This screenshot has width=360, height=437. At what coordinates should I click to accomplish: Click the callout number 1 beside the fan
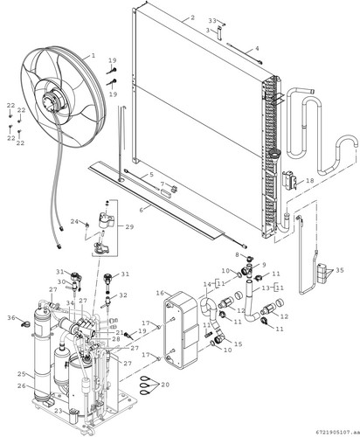tap(93, 55)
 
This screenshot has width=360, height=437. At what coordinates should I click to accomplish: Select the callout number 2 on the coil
tap(192, 17)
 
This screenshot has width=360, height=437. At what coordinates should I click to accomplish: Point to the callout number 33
tap(212, 21)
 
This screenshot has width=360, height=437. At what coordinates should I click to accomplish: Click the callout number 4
tap(257, 48)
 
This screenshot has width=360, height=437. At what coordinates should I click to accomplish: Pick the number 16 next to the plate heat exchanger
tap(160, 293)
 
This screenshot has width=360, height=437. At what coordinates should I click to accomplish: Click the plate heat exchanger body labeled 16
tap(181, 329)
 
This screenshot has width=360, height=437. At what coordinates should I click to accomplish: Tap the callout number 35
tap(340, 270)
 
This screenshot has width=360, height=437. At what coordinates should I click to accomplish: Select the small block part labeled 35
tap(322, 273)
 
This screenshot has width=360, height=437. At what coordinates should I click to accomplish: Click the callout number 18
tap(310, 181)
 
